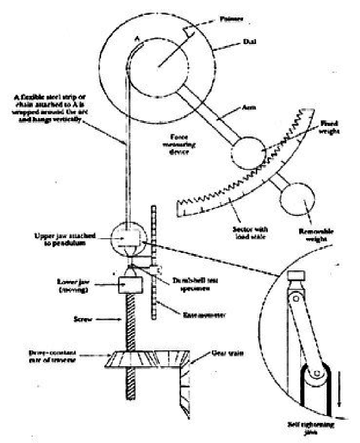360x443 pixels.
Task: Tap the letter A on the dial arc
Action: click(x=136, y=38)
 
